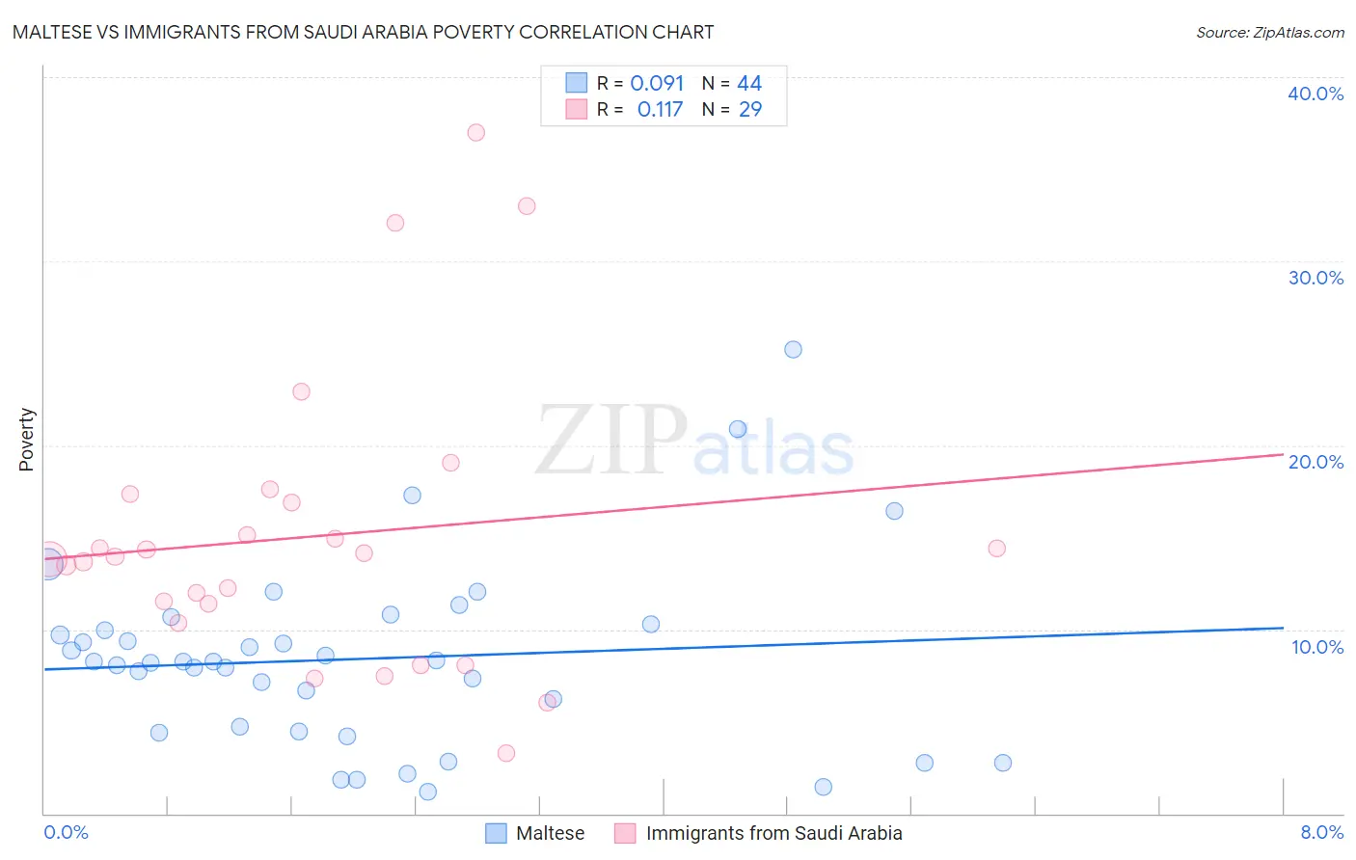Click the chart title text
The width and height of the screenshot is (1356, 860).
pos(363,32)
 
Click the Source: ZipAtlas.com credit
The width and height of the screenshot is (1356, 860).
pos(1269,32)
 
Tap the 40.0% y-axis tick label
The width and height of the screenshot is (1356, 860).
pos(1315,94)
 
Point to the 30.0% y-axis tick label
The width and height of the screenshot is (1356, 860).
pos(1315,278)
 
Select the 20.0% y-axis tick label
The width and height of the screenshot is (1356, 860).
pos(1315,462)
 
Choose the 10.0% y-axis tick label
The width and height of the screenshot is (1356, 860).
pos(1316,647)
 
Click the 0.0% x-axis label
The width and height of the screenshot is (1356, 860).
pos(66,832)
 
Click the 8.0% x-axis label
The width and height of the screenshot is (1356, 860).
pos(1321,832)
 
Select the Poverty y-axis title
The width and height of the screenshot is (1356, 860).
pos(26,440)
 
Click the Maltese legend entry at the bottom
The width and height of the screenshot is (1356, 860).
pos(550,833)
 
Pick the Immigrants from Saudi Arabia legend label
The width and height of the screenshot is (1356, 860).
pos(773,833)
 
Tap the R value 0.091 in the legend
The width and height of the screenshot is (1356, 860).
pos(657,84)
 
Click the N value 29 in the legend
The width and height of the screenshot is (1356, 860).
pos(750,110)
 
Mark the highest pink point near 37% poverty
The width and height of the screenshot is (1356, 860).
pos(475,132)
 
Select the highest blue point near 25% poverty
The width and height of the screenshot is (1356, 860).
pos(793,349)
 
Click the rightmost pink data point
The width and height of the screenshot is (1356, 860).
pos(996,548)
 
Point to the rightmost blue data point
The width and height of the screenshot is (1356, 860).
pos(1002,763)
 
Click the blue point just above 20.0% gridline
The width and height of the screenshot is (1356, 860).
pos(738,429)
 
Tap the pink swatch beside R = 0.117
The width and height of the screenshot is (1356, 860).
pos(576,109)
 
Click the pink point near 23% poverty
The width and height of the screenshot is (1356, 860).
pos(301,391)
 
